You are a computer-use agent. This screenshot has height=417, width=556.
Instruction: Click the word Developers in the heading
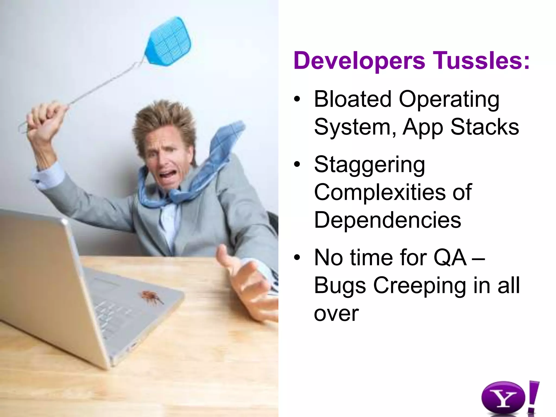(359, 61)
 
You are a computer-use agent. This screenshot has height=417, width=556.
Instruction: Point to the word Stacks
(485, 127)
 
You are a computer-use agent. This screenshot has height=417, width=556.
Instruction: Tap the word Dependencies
(387, 220)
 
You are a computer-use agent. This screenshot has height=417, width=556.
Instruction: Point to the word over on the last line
(336, 314)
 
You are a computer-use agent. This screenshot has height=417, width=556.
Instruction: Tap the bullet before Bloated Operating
(297, 99)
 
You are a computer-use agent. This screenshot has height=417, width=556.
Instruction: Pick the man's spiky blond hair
(166, 119)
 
